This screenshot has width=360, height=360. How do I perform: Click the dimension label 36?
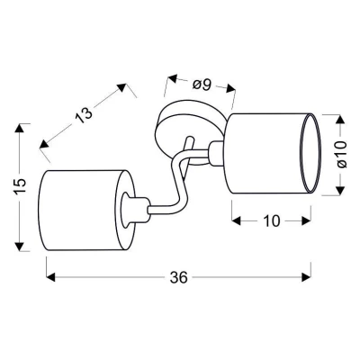[x=178, y=277]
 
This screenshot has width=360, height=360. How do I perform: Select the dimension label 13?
[x=84, y=115]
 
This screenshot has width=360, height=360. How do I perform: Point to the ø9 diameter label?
[x=202, y=85]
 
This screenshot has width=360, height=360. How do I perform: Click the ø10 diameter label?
[x=340, y=155]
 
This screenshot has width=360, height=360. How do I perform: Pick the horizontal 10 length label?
[x=272, y=221]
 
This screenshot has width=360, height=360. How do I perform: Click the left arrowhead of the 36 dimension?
[x=51, y=277]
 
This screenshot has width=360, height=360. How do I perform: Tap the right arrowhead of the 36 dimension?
[x=306, y=277]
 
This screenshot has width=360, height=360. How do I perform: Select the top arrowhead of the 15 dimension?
[x=20, y=129]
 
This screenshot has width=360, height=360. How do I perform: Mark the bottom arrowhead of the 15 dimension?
[x=20, y=246]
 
